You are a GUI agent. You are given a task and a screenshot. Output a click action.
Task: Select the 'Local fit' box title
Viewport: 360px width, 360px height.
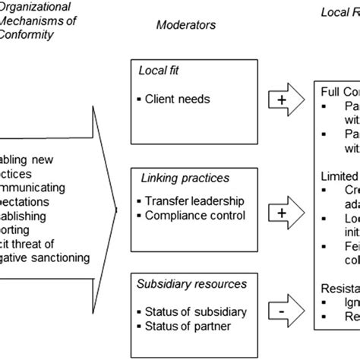(159, 71)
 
